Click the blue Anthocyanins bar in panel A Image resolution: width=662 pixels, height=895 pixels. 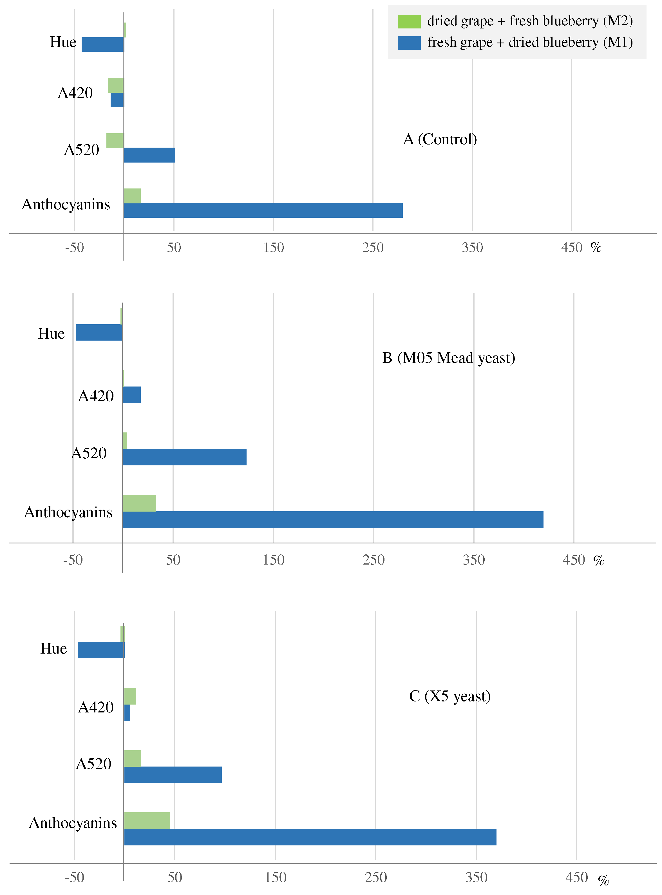tap(263, 210)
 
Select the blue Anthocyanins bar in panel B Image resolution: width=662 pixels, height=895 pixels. tap(333, 520)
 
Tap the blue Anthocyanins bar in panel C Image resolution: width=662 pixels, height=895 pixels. tap(310, 837)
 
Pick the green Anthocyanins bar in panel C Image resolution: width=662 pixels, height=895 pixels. tap(147, 820)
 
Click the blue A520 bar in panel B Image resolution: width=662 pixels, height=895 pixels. tap(184, 457)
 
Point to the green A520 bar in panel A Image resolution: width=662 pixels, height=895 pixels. tap(115, 140)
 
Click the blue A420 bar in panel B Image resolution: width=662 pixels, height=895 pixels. tap(131, 395)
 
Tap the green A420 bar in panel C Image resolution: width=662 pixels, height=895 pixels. tap(130, 696)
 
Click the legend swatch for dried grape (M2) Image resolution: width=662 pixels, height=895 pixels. tap(409, 21)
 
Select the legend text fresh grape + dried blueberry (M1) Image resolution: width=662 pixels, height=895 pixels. tap(530, 42)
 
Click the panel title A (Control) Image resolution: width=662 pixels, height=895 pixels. tap(440, 139)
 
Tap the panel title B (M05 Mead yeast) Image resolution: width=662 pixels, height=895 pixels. tap(448, 358)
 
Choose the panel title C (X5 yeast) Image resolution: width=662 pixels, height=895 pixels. tap(449, 696)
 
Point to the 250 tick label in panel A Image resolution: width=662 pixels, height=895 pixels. tap(373, 247)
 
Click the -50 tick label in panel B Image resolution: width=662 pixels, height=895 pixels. tap(73, 560)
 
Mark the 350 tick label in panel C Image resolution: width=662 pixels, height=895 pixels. tap(476, 877)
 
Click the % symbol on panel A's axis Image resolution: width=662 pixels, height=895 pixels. tap(596, 247)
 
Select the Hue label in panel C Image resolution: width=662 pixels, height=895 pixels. tap(53, 649)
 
